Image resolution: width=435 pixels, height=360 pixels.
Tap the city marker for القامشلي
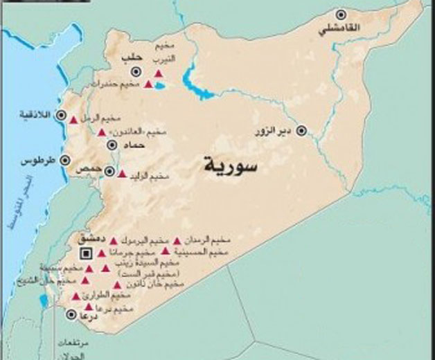(341, 14)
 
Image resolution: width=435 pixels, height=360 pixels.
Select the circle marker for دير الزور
(301, 130)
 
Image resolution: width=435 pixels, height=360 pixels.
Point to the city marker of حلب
(136, 71)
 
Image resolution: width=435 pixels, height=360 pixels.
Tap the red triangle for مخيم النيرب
(159, 73)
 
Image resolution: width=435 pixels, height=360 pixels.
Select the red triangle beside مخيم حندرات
(148, 84)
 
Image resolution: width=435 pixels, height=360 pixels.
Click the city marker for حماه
(113, 145)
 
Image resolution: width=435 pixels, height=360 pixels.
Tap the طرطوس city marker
(65, 160)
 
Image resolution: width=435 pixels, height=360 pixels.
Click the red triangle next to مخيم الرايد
(123, 175)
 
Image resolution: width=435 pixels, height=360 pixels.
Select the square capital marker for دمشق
(87, 252)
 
